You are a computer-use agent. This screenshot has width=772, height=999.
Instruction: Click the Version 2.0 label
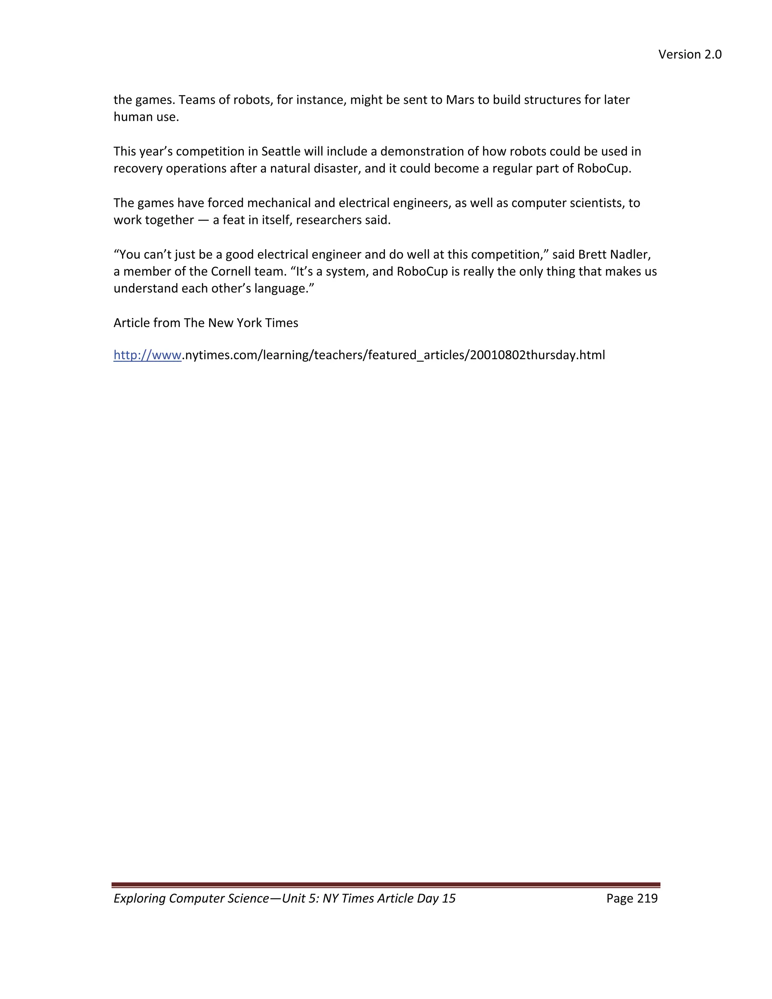click(x=690, y=54)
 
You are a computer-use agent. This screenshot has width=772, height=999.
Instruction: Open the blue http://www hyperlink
click(x=147, y=355)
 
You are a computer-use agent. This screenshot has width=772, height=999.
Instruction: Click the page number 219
click(x=647, y=898)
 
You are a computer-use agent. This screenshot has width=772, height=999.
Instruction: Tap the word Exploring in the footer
click(x=139, y=898)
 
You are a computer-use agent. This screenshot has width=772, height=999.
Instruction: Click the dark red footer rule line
click(x=386, y=885)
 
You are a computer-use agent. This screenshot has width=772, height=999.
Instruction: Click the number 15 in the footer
click(x=449, y=898)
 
